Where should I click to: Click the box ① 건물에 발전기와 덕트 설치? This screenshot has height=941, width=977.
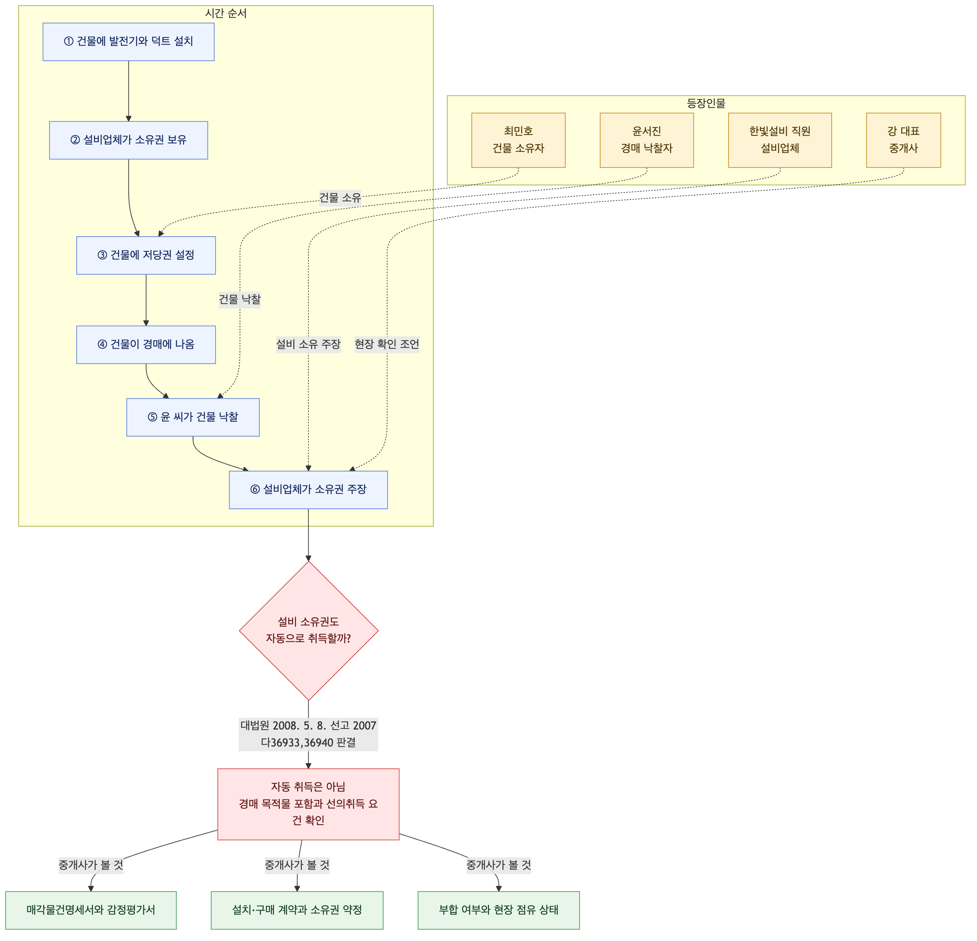(x=129, y=42)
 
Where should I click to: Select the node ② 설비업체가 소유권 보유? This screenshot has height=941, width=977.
(x=129, y=140)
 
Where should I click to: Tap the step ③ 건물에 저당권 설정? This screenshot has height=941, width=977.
(x=146, y=255)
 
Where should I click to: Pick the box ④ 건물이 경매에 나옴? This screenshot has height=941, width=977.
(x=146, y=344)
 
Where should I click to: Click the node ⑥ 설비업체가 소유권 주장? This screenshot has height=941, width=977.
(x=308, y=490)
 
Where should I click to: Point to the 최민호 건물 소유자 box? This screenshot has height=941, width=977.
(x=518, y=140)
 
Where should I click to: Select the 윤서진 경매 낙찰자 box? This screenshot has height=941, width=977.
(x=647, y=140)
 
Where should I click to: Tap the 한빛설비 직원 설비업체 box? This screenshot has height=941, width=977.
(x=780, y=140)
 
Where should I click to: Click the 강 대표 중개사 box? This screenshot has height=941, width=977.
(x=904, y=140)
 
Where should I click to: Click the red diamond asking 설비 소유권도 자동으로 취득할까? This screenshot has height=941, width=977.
(x=308, y=631)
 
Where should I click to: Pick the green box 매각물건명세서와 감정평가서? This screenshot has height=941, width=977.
(x=91, y=910)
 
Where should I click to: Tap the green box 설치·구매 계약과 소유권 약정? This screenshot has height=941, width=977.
(x=297, y=910)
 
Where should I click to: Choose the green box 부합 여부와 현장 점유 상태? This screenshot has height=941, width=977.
(x=499, y=910)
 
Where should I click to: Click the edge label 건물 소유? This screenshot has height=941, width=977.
(x=340, y=198)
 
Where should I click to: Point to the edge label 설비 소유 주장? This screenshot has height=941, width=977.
(x=308, y=344)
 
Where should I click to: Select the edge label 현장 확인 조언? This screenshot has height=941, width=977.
(x=387, y=344)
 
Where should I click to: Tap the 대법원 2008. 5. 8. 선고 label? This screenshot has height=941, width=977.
(x=308, y=726)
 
